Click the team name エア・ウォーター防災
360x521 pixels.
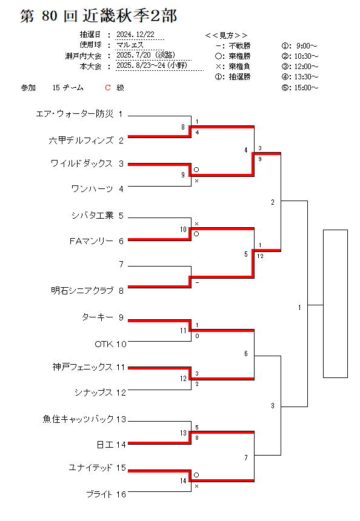tap(75, 114)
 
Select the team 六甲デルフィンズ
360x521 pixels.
tap(81, 140)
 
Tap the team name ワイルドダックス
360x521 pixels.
tap(82, 163)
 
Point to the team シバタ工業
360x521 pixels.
tap(92, 215)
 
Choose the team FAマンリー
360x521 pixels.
tap(92, 241)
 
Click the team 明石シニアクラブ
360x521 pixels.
tap(82, 290)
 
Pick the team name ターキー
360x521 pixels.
tap(98, 317)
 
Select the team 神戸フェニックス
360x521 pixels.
tap(82, 367)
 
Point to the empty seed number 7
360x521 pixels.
tap(121, 264)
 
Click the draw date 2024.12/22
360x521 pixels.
tap(135, 35)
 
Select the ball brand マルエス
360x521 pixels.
tap(130, 45)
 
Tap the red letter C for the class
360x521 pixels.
tap(108, 88)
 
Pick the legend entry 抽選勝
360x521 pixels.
tap(239, 77)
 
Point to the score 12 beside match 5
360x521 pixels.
tap(260, 256)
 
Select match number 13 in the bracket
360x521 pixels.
tap(183, 433)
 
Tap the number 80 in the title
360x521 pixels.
tap(50, 16)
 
